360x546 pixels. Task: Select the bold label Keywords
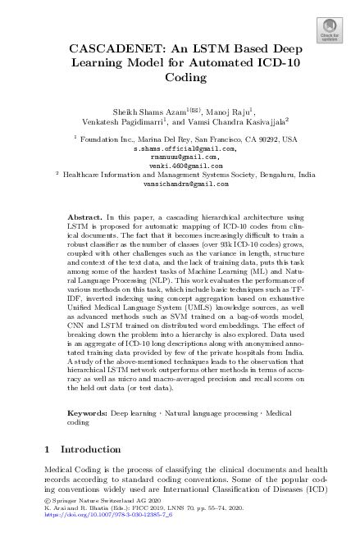pos(86,415)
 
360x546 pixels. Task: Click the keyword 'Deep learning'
pos(132,415)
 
